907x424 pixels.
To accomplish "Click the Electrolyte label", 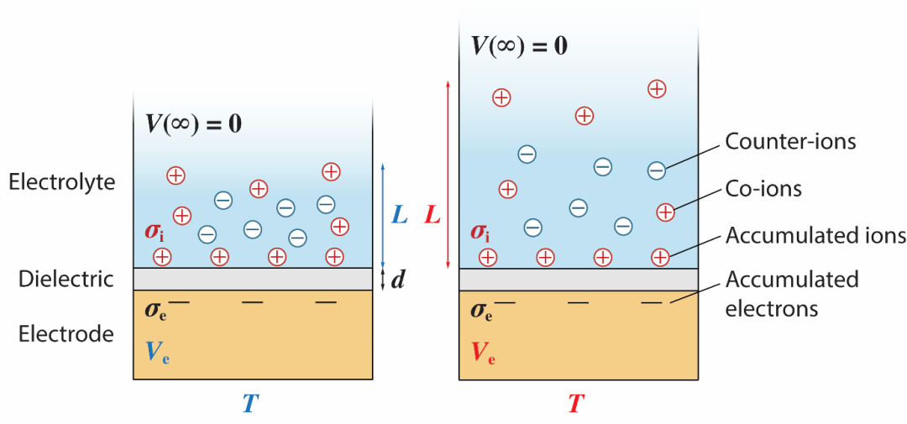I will pyautogui.click(x=62, y=181).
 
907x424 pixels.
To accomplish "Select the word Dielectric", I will pyautogui.click(x=66, y=279).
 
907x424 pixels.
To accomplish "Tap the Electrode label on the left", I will pyautogui.click(x=66, y=334).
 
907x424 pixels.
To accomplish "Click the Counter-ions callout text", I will pyautogui.click(x=790, y=141).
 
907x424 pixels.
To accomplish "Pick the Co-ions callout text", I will pyautogui.click(x=763, y=189).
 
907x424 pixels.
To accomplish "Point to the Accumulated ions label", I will pyautogui.click(x=815, y=235).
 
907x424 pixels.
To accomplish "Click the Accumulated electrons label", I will pyautogui.click(x=792, y=293).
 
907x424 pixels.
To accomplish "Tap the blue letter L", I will pyautogui.click(x=400, y=216).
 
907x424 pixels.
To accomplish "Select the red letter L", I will pyautogui.click(x=433, y=216).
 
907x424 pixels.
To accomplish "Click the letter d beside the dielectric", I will pyautogui.click(x=398, y=280).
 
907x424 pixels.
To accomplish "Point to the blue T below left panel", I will pyautogui.click(x=249, y=404).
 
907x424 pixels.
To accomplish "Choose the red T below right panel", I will pyautogui.click(x=575, y=404).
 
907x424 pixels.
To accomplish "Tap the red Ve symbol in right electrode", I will pyautogui.click(x=483, y=353).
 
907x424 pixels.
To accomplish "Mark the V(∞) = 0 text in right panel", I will pyautogui.click(x=519, y=45).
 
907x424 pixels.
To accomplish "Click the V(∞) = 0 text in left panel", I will pyautogui.click(x=193, y=124).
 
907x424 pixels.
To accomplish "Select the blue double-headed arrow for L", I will pyautogui.click(x=383, y=214).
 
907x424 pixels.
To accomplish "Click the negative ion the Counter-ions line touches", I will pyautogui.click(x=657, y=170).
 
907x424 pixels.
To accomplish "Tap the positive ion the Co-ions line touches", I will pyautogui.click(x=665, y=212).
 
